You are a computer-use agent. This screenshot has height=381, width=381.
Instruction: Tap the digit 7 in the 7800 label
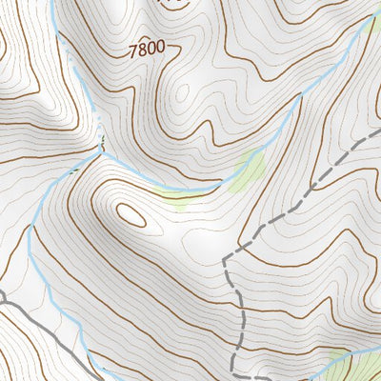coord(130,47)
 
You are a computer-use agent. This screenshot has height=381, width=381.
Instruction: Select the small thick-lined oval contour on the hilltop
coord(131,215)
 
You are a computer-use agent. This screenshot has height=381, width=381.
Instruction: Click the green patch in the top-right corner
coord(371,23)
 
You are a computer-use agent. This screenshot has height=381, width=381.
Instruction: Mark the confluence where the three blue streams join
coord(100,148)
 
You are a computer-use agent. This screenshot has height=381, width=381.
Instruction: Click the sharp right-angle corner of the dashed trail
coord(225,258)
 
